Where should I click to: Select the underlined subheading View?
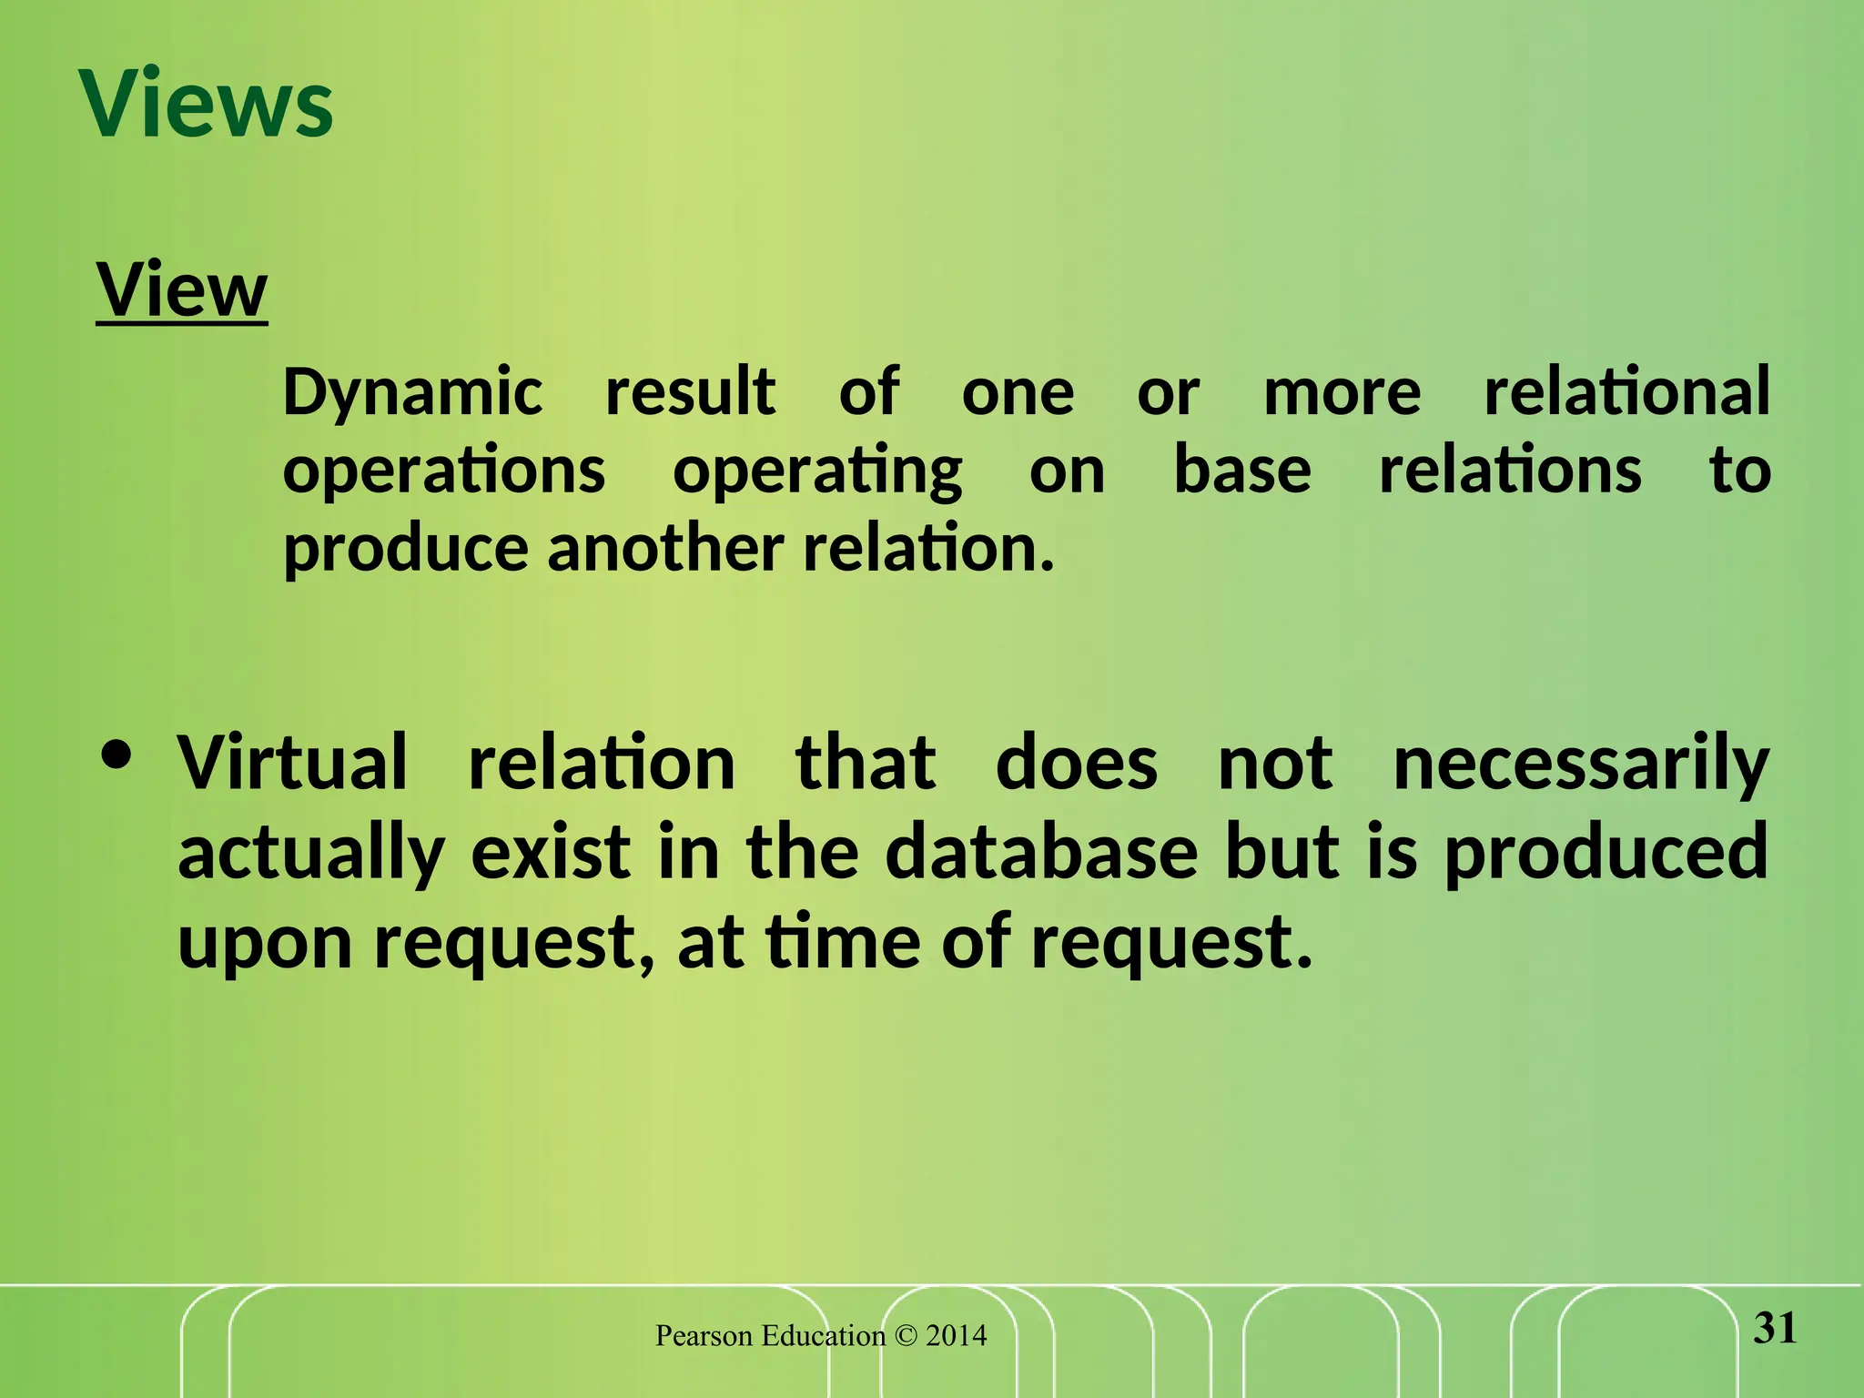[x=182, y=289]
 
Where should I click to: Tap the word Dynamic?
[x=412, y=393]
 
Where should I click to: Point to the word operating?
[x=816, y=471]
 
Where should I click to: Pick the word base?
[x=1241, y=470]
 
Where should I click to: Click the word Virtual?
[x=292, y=763]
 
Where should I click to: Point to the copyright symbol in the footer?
[x=906, y=1336]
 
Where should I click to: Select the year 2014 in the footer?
[x=956, y=1336]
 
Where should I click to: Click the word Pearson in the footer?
[x=704, y=1336]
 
